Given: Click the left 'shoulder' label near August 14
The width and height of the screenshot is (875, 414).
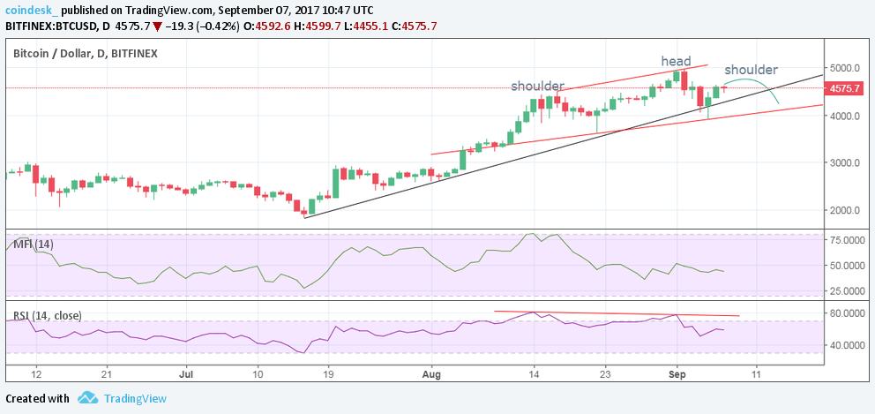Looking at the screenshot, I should [537, 86].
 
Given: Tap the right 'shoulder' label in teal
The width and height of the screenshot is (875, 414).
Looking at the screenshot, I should [751, 70].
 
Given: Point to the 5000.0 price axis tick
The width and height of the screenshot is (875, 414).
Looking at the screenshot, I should [845, 68].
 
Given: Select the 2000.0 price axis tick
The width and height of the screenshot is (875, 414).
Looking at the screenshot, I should [845, 211].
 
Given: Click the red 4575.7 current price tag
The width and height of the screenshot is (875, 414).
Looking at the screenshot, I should [845, 88].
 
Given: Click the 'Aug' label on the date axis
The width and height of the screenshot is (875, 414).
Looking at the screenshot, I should [431, 374].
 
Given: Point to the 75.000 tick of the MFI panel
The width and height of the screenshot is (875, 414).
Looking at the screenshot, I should [845, 240].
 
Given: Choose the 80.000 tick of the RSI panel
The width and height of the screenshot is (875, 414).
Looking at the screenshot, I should [845, 313].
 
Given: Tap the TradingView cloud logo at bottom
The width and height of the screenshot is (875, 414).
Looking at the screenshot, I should [86, 398].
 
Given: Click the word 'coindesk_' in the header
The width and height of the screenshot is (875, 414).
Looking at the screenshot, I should [34, 10].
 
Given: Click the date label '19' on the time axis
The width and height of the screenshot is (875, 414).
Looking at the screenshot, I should [327, 374].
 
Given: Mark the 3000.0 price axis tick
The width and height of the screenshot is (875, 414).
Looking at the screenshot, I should [845, 163].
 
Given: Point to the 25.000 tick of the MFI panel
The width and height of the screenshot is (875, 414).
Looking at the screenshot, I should [845, 290].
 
